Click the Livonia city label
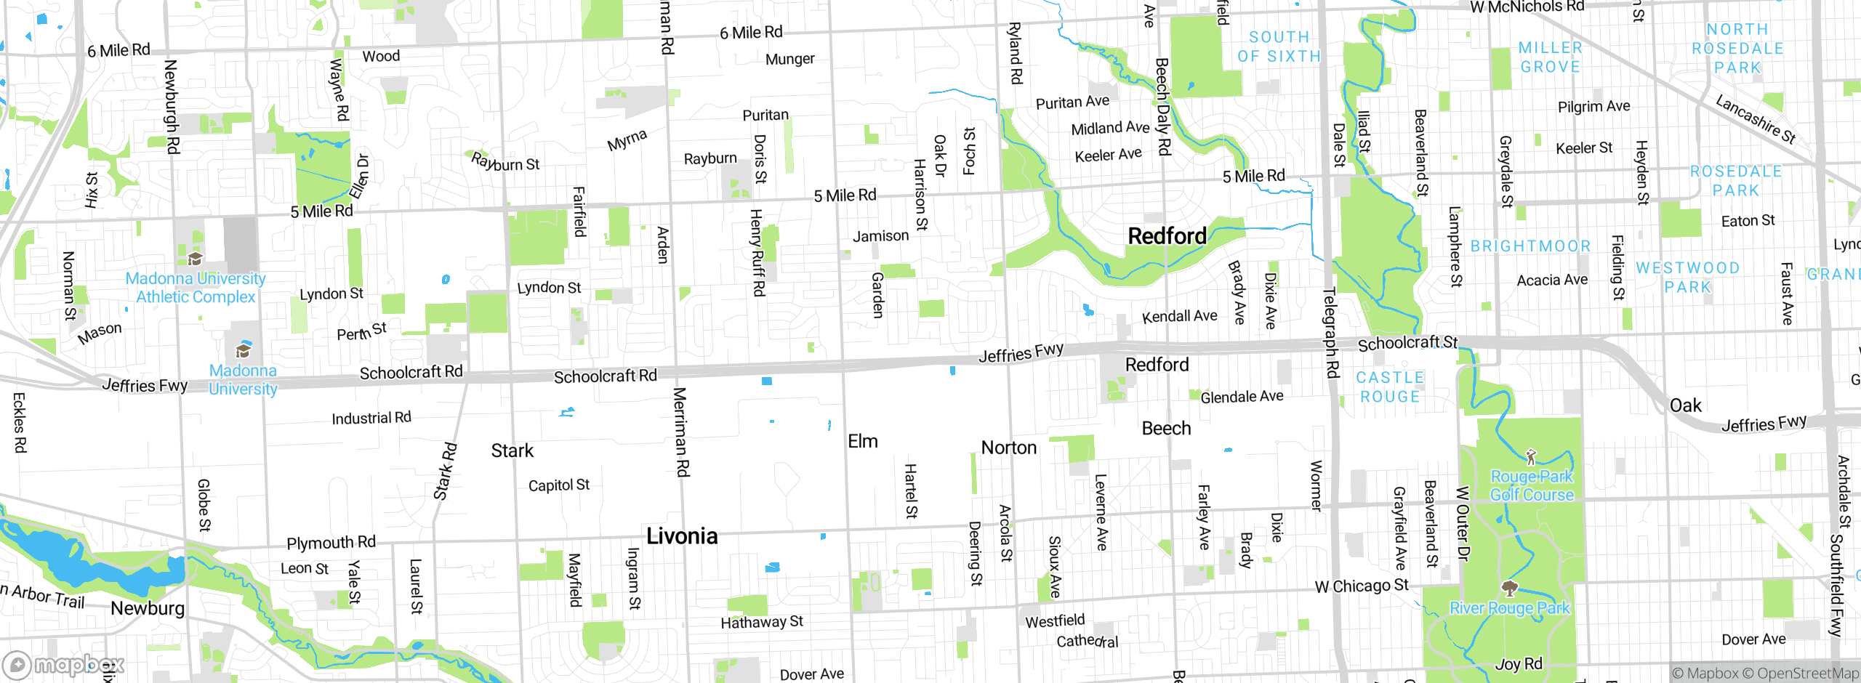click(x=682, y=536)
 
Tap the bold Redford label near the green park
click(x=1167, y=236)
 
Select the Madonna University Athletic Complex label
click(x=196, y=288)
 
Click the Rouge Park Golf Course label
click(x=1532, y=485)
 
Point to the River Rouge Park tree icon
click(x=1510, y=587)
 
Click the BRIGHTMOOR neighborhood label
click(x=1530, y=246)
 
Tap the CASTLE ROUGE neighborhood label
click(x=1389, y=387)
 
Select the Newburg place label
click(x=148, y=608)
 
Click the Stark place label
click(x=512, y=451)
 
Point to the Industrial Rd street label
click(x=371, y=419)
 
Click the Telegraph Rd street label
click(x=1330, y=333)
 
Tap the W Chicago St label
click(x=1361, y=586)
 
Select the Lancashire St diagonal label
click(x=1755, y=120)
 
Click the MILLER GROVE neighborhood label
click(x=1550, y=57)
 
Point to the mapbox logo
click(x=64, y=665)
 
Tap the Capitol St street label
click(x=558, y=485)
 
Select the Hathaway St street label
click(x=761, y=622)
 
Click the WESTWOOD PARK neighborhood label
click(x=1687, y=278)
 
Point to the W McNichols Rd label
click(x=1527, y=7)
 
